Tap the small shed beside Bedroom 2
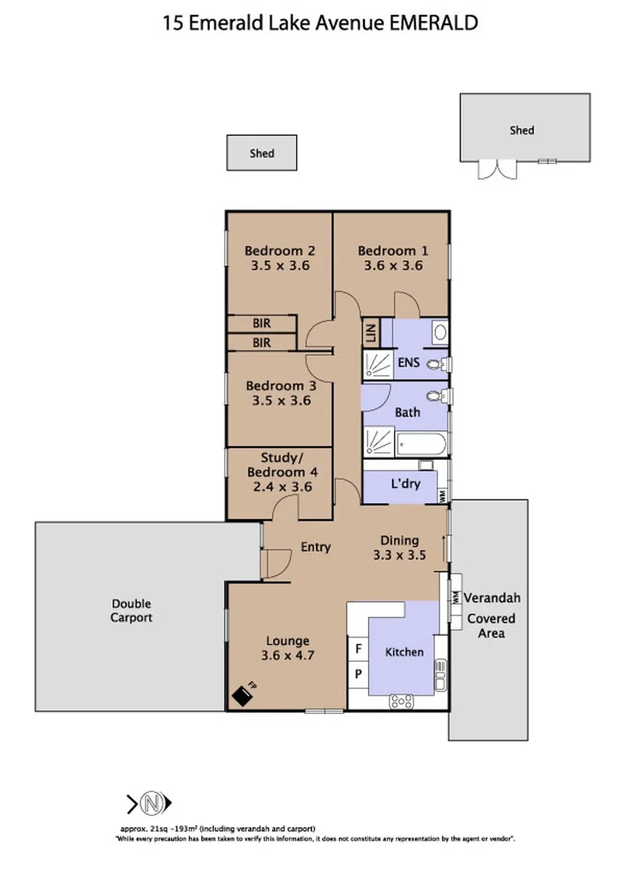click(261, 153)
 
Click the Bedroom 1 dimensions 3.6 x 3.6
click(392, 265)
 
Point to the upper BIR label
click(261, 323)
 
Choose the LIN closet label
click(371, 334)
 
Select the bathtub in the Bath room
click(421, 444)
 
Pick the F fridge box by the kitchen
click(358, 650)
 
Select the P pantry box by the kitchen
click(358, 673)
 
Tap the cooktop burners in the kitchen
click(401, 701)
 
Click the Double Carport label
click(131, 611)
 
